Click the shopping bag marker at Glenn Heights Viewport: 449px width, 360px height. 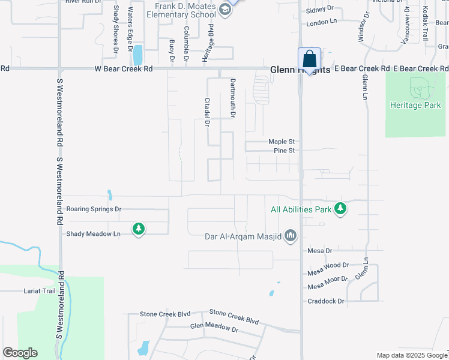click(x=309, y=59)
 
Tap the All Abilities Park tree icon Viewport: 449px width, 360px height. click(x=341, y=209)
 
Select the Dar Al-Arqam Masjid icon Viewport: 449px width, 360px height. click(x=291, y=236)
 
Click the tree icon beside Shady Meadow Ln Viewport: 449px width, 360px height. click(x=139, y=229)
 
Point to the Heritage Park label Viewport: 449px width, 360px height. click(x=415, y=106)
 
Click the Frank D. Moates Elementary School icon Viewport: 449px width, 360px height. click(x=224, y=9)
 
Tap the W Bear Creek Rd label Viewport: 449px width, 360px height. click(x=124, y=69)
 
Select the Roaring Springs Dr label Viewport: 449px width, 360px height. click(x=94, y=209)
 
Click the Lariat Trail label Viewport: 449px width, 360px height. click(x=40, y=290)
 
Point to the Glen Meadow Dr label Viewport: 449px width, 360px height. click(x=214, y=328)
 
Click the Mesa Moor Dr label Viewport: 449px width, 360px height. click(x=328, y=283)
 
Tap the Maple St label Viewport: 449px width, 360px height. click(x=280, y=142)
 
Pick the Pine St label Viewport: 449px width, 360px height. click(x=284, y=151)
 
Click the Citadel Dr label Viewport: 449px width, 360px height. click(x=207, y=112)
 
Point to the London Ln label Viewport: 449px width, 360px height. click(x=322, y=23)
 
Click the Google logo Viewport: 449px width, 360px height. click(x=20, y=353)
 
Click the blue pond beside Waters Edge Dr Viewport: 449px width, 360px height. click(x=138, y=55)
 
